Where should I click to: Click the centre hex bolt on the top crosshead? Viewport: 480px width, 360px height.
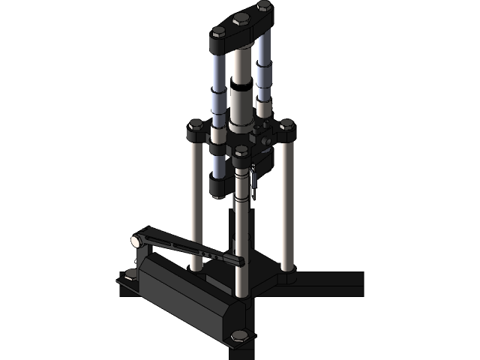pyautogui.click(x=241, y=18)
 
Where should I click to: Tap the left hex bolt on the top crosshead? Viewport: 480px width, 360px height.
pyautogui.click(x=218, y=32)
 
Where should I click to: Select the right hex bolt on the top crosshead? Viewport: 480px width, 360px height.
pyautogui.click(x=263, y=6)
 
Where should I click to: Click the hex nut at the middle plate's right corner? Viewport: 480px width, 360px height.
pyautogui.click(x=286, y=124)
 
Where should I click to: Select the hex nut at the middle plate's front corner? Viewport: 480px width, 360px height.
pyautogui.click(x=241, y=152)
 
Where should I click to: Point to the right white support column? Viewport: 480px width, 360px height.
pyautogui.click(x=286, y=202)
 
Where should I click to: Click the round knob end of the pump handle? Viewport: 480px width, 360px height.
pyautogui.click(x=136, y=241)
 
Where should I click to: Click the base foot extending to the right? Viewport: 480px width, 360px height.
pyautogui.click(x=330, y=282)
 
